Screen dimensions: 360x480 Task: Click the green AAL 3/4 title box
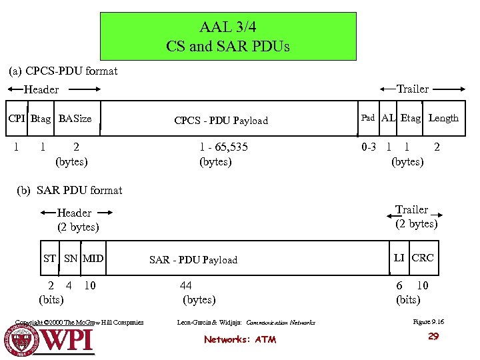pos(228,37)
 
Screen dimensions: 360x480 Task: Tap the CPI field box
pos(17,119)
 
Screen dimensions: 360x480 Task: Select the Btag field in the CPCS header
pos(40,119)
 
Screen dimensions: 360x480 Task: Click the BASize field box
pos(75,119)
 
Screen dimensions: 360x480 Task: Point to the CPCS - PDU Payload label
pos(221,121)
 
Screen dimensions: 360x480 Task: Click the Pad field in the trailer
pos(368,118)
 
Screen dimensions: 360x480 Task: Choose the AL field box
pos(389,118)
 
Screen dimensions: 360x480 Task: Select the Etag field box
pos(411,118)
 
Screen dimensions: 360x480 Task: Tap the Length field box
pos(443,118)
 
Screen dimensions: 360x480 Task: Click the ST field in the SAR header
pos(49,258)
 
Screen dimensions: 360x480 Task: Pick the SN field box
pos(71,258)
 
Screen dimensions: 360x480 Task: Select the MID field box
pos(93,258)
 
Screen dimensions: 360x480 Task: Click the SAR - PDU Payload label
pos(193,260)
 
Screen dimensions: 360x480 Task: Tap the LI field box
pos(399,257)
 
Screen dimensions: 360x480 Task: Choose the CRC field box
pos(423,257)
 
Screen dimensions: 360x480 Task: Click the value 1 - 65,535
pos(223,147)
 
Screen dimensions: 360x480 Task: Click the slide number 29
pos(433,337)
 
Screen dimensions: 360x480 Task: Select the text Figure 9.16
pos(429,322)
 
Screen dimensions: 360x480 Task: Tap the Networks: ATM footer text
pos(240,339)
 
